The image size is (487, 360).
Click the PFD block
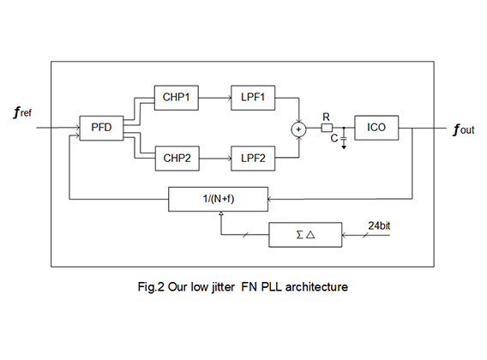click(x=101, y=128)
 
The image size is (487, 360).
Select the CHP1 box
click(x=177, y=98)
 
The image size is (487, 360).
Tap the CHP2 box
click(x=177, y=159)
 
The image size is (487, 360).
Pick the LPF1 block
click(x=253, y=98)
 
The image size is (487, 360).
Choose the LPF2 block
click(x=253, y=159)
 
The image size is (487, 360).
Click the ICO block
click(x=376, y=128)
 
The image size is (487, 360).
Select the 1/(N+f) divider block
click(x=218, y=199)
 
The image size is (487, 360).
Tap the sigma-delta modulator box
click(x=305, y=235)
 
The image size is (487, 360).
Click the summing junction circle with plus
click(x=298, y=129)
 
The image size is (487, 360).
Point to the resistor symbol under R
click(x=327, y=128)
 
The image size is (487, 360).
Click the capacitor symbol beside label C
click(x=344, y=138)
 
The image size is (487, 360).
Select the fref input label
click(x=22, y=112)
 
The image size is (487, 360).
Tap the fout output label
click(x=464, y=129)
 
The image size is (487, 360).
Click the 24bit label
click(x=379, y=225)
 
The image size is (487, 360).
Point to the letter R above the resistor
click(x=326, y=117)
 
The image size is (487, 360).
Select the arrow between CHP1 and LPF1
click(x=215, y=98)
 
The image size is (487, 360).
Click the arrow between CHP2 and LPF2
click(x=215, y=159)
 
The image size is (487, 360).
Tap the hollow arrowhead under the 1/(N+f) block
click(x=221, y=213)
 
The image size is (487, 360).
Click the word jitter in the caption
click(x=223, y=287)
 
